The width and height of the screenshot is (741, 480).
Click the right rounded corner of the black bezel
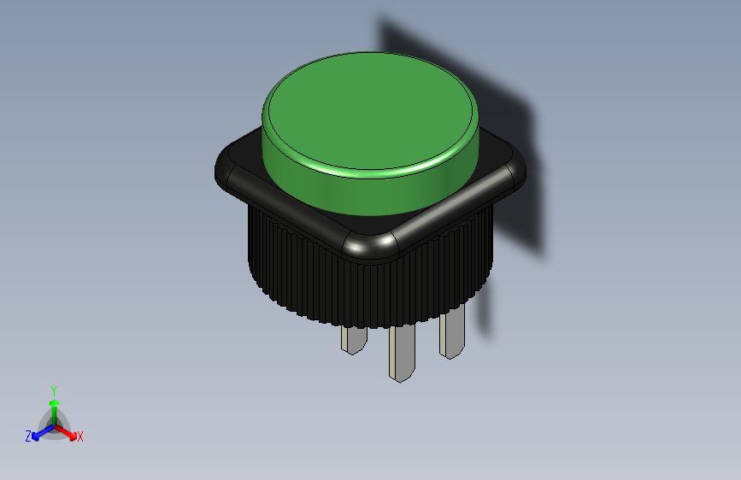click(515, 172)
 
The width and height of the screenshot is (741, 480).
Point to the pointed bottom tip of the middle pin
click(399, 377)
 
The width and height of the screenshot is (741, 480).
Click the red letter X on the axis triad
click(80, 436)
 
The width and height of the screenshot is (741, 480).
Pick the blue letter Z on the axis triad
click(28, 436)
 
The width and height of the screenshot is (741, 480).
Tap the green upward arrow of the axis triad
click(54, 405)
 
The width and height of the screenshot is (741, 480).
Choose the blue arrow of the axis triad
click(39, 433)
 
